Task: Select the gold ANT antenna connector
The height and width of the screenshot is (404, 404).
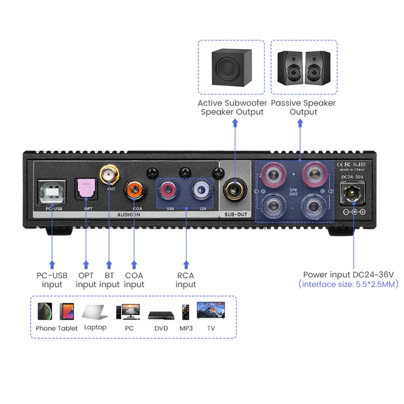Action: pos(109,171)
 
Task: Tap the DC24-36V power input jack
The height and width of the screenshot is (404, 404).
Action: pos(352,195)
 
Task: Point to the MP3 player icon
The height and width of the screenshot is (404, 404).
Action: pos(186,311)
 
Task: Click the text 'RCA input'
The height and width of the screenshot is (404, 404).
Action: pos(185,280)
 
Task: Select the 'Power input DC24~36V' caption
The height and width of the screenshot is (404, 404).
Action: pos(348,274)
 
